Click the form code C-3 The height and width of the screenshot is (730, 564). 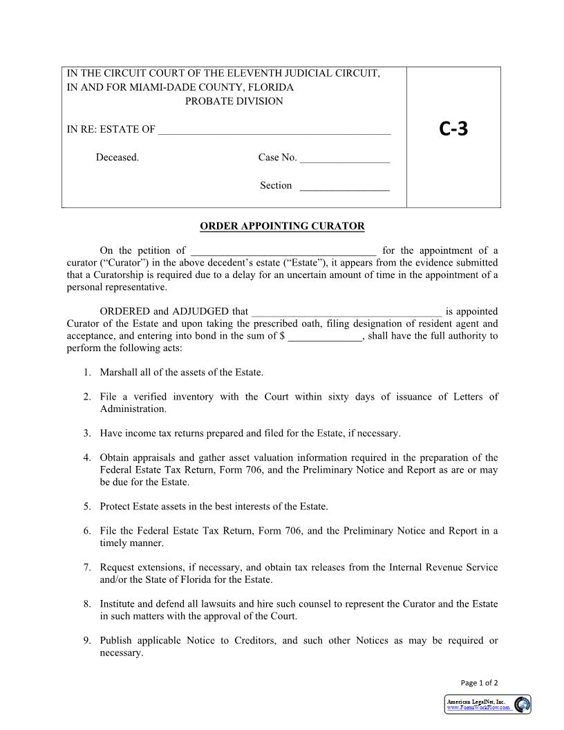pos(453,129)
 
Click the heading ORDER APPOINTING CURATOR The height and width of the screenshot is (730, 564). pos(282,226)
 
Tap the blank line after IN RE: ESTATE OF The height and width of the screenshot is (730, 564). pos(274,130)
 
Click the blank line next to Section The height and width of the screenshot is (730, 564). pos(345,186)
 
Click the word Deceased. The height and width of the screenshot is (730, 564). pos(117,158)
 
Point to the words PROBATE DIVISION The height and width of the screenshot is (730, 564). pos(234,102)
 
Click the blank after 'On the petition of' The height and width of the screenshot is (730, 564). pos(283,252)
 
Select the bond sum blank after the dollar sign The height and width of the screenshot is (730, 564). pos(325,337)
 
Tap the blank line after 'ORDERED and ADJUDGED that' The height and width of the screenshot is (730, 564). pos(346,312)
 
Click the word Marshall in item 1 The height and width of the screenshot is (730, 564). pos(120,373)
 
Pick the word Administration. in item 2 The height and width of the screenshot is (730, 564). pos(133,409)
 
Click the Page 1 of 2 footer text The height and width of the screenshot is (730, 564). pos(479,683)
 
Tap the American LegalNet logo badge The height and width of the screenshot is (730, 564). pos(488,704)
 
